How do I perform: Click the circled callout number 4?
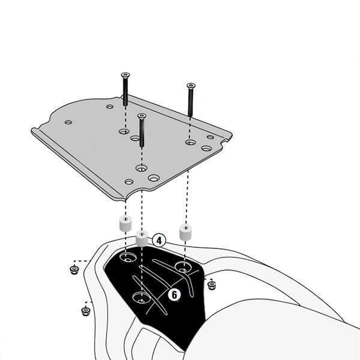[158, 241]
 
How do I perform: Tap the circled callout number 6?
[174, 295]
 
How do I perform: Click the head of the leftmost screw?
[125, 75]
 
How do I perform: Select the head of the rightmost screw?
[191, 86]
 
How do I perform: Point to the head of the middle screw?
[142, 116]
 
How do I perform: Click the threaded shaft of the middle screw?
[142, 133]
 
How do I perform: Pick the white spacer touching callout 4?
[142, 239]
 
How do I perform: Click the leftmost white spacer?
[125, 223]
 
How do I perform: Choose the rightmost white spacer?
[185, 233]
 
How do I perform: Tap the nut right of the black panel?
[211, 285]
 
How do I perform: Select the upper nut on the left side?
[74, 270]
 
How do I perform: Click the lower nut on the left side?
[86, 311]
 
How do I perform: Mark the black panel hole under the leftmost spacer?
[128, 257]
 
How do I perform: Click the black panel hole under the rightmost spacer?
[183, 267]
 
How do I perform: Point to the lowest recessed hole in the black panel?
[142, 298]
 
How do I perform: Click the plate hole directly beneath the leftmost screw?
[124, 131]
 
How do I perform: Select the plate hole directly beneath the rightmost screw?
[191, 142]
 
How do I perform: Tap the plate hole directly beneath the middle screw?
[142, 168]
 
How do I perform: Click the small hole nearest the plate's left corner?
[68, 122]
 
